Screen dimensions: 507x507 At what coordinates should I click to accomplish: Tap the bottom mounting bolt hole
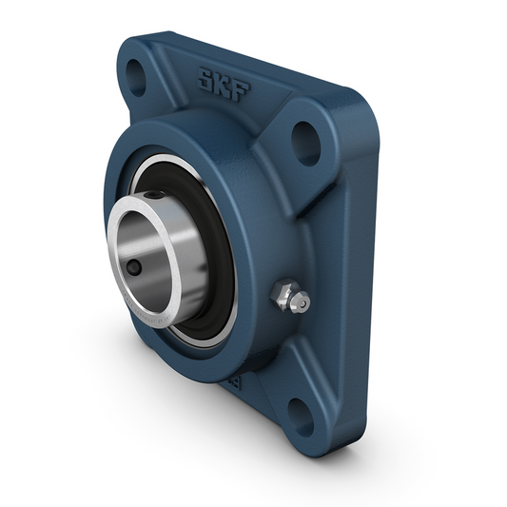click(x=302, y=411)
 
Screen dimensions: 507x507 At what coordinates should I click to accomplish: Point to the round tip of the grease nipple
click(x=302, y=303)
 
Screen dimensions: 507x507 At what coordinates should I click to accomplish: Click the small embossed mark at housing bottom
click(x=231, y=381)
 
